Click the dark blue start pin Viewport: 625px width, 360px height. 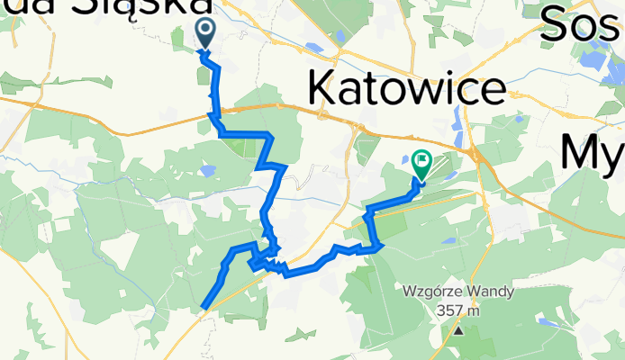pyautogui.click(x=205, y=33)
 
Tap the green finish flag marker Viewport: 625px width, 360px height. pyautogui.click(x=421, y=163)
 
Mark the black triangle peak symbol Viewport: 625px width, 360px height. pyautogui.click(x=458, y=330)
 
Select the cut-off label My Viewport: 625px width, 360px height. pyautogui.click(x=591, y=151)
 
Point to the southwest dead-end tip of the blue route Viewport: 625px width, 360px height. pyautogui.click(x=204, y=308)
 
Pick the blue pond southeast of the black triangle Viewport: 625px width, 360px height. pyautogui.click(x=546, y=319)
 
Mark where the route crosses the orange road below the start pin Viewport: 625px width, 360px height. pyautogui.click(x=213, y=110)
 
